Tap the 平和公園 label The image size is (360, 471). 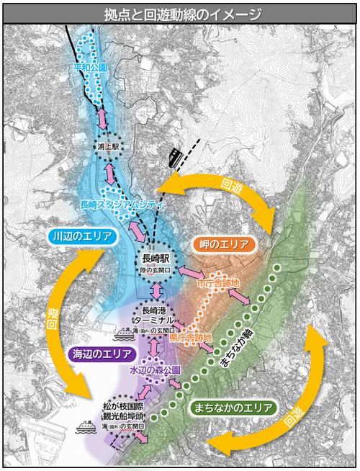(x=91, y=67)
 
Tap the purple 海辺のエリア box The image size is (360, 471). (x=101, y=354)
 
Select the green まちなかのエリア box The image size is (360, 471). (x=234, y=408)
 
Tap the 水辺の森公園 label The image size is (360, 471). (x=154, y=369)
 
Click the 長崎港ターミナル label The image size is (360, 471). (x=155, y=315)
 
